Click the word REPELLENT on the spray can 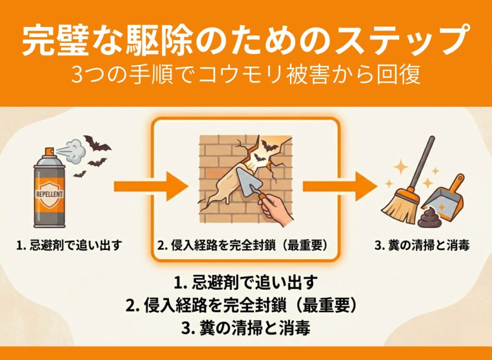point(49,194)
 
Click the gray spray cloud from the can point(74,152)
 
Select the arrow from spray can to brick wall point(150,186)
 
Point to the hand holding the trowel point(276,210)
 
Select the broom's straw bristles point(398,206)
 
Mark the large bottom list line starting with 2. point(241,304)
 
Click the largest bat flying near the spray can point(97,144)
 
